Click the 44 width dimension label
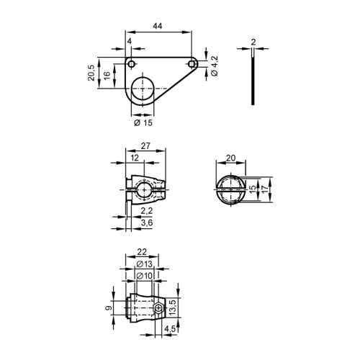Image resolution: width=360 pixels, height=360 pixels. point(158,26)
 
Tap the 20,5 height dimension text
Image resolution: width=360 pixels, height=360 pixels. point(91,73)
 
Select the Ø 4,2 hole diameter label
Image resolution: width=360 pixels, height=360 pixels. point(215,66)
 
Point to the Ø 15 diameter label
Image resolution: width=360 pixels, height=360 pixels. point(143,122)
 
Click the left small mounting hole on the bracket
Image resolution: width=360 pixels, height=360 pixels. point(131,64)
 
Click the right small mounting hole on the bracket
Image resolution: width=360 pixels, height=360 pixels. point(192,64)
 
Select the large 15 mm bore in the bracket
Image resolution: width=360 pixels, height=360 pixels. point(143,89)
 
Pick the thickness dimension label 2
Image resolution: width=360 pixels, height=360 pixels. point(253,42)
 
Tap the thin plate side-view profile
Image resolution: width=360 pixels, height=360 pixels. point(253,77)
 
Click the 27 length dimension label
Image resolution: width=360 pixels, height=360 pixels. point(145,145)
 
